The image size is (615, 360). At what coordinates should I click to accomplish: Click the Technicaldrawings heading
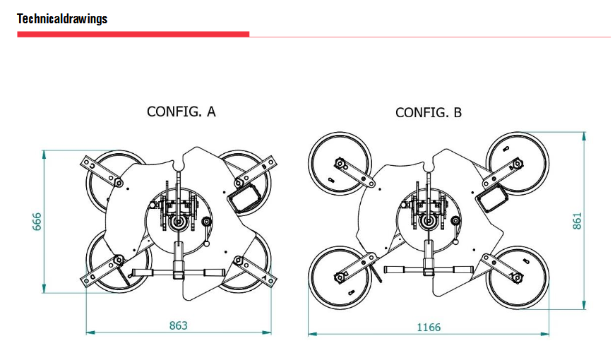(x=62, y=18)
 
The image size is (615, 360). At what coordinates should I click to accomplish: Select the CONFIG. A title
(x=181, y=112)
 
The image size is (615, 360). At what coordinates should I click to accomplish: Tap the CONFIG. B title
(x=429, y=113)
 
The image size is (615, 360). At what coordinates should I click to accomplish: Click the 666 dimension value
(x=37, y=222)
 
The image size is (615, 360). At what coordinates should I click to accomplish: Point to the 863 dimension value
(x=179, y=325)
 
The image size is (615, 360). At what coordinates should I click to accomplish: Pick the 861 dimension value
(x=577, y=221)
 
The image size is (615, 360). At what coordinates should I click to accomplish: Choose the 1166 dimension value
(x=429, y=327)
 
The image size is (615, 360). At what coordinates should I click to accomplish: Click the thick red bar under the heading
(x=133, y=35)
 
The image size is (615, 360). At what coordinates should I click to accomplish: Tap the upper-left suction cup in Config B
(x=340, y=164)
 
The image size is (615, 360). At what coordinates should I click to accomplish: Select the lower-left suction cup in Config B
(x=340, y=277)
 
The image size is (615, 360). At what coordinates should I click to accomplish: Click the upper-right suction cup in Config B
(x=518, y=163)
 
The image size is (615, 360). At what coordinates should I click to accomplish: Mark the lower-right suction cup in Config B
(x=518, y=277)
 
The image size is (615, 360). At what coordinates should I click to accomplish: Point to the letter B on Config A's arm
(x=264, y=167)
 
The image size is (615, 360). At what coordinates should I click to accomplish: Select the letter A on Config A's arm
(x=265, y=278)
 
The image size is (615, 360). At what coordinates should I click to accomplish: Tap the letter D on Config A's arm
(x=92, y=277)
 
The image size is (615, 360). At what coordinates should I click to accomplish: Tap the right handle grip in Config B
(x=463, y=270)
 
